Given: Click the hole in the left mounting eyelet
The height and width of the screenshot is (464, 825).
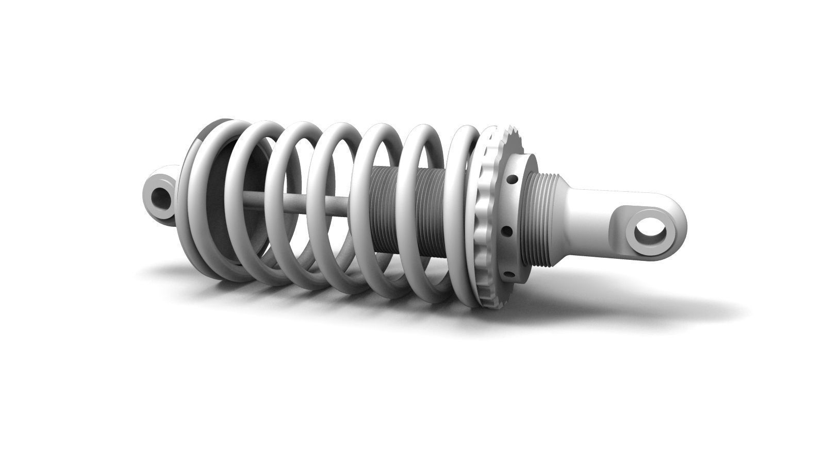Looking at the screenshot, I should point(162,197).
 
